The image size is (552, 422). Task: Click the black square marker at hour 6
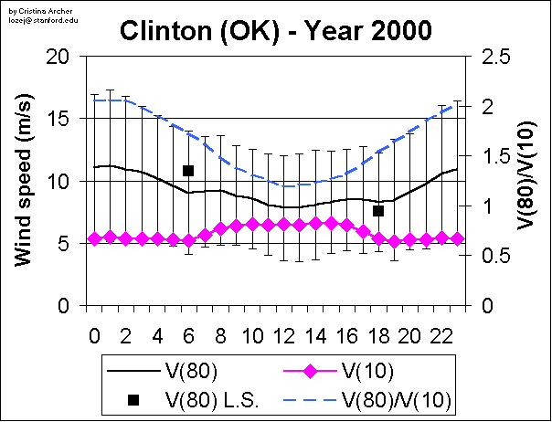[188, 171]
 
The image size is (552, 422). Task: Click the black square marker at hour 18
[378, 211]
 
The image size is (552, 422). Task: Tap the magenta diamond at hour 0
[94, 239]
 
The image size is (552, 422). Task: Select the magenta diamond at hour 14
[315, 223]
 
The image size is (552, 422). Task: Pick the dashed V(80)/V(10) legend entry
[398, 399]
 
